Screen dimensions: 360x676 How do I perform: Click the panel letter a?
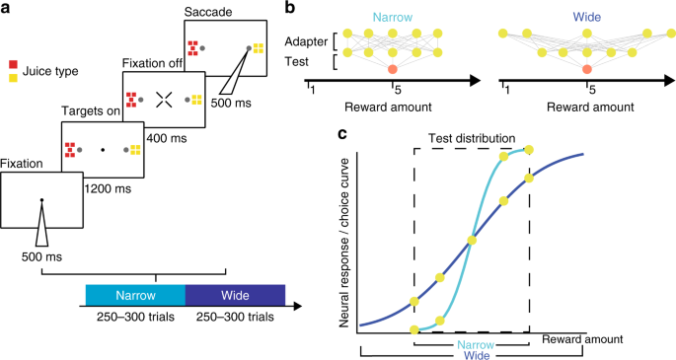click(6, 8)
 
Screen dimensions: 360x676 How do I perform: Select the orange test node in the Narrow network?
click(393, 68)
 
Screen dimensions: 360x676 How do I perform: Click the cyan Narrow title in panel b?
click(392, 17)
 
